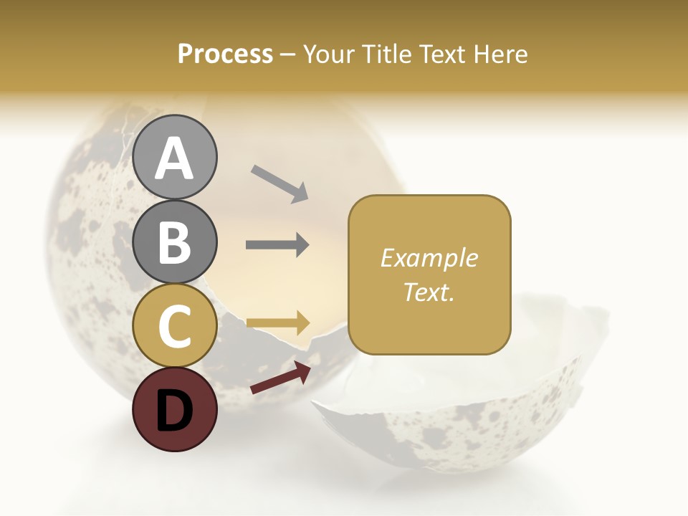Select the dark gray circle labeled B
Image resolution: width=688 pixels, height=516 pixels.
click(x=175, y=242)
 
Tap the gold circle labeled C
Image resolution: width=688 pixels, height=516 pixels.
click(x=175, y=326)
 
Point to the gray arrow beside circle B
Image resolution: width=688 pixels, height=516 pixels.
click(x=277, y=245)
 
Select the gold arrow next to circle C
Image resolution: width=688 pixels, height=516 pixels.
click(x=278, y=322)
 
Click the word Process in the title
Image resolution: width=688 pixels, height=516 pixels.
click(x=225, y=54)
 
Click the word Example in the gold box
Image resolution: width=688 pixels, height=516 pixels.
click(x=429, y=258)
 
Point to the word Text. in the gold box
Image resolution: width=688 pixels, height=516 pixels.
click(x=429, y=292)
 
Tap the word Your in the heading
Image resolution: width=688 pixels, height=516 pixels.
click(x=329, y=54)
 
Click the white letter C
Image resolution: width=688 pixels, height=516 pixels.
click(x=175, y=326)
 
